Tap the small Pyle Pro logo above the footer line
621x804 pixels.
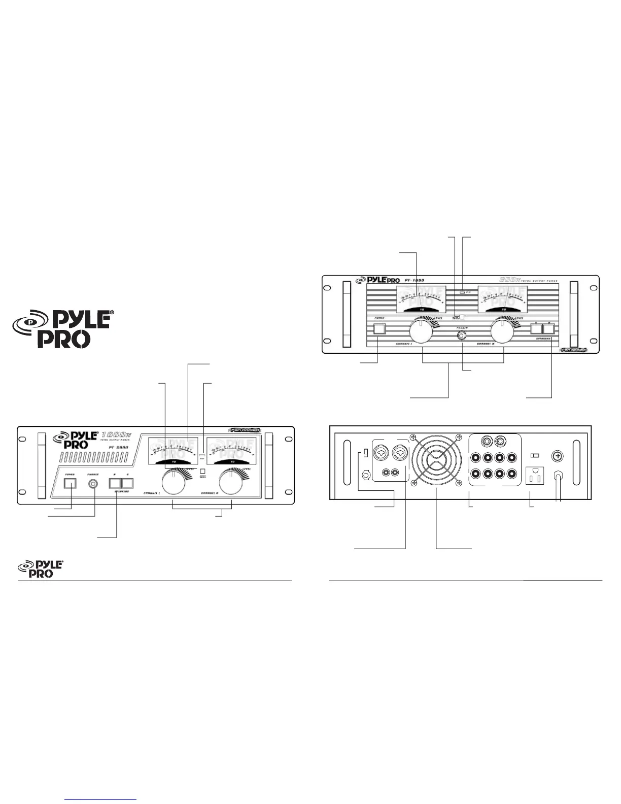click(41, 568)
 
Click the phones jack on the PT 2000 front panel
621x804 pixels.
click(94, 483)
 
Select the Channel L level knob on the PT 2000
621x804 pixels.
click(174, 483)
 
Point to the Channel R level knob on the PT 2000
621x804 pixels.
click(231, 483)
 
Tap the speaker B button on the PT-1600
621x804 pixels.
click(548, 328)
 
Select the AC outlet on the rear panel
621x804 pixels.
click(536, 475)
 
